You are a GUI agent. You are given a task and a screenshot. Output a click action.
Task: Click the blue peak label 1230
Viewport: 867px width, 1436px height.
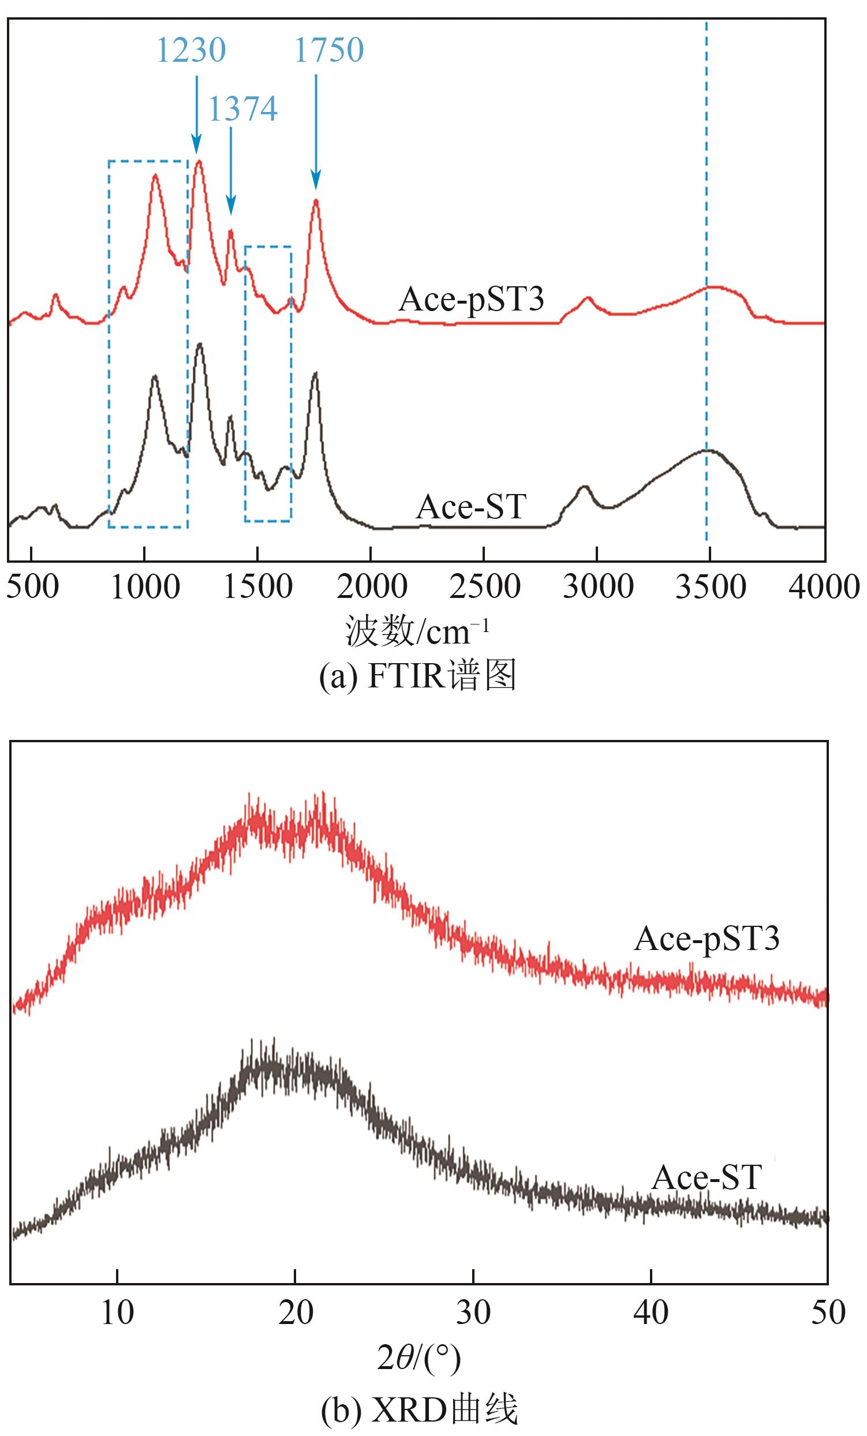[190, 50]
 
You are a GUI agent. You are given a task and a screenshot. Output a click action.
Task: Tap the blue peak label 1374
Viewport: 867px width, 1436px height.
[242, 109]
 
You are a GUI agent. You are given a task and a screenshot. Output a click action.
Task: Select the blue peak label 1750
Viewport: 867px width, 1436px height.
[328, 50]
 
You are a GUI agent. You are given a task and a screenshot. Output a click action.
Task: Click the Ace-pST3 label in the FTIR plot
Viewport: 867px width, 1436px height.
[471, 300]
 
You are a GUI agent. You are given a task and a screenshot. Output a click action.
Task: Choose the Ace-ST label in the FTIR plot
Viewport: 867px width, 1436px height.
[471, 506]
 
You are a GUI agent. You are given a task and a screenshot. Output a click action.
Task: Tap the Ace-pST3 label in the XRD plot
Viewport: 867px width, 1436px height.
[706, 940]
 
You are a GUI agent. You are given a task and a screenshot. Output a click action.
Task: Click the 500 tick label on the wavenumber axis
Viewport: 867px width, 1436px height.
[32, 587]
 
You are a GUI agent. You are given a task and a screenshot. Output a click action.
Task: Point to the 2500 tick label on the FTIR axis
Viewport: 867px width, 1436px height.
[484, 587]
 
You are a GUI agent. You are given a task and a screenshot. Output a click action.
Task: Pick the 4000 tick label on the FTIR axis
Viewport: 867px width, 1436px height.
[824, 587]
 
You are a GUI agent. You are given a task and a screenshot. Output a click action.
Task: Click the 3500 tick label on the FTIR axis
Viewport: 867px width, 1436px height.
[710, 587]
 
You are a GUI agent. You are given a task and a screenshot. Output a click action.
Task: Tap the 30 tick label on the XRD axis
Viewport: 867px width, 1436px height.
[473, 1312]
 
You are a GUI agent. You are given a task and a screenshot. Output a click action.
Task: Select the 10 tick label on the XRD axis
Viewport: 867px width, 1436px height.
[117, 1312]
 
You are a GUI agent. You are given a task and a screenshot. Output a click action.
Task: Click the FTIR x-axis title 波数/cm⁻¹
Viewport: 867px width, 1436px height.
[417, 631]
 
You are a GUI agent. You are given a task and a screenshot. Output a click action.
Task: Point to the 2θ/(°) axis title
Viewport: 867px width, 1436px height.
[418, 1359]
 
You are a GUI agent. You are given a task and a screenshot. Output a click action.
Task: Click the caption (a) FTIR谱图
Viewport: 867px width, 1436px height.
[417, 676]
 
